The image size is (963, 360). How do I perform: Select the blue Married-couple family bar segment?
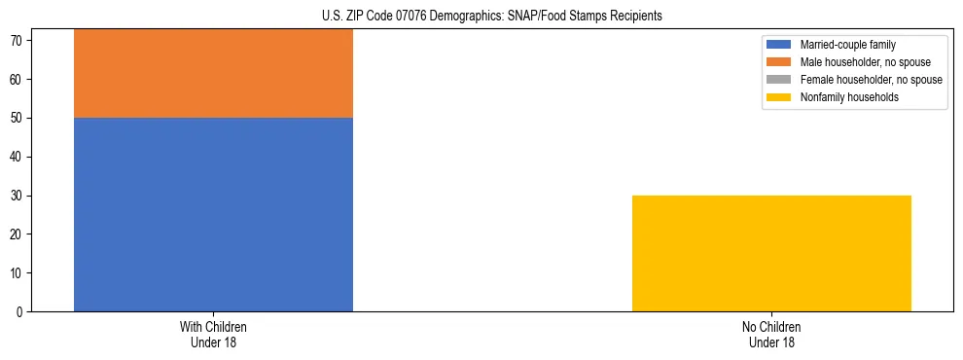click(x=213, y=214)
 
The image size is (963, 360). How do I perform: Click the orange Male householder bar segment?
click(x=213, y=73)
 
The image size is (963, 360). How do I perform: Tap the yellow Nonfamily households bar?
click(x=771, y=253)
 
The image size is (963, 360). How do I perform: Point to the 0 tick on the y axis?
click(x=19, y=312)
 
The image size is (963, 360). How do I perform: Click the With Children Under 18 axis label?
click(x=213, y=334)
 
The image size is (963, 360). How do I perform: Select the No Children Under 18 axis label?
click(x=771, y=334)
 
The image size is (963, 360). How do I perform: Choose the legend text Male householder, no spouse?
click(x=859, y=62)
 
